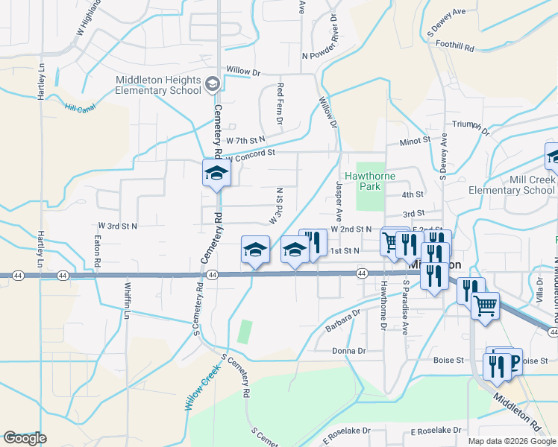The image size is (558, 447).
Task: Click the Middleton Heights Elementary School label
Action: click(158, 86)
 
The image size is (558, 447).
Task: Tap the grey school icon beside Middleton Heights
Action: click(213, 83)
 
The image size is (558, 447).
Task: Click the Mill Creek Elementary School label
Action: click(512, 185)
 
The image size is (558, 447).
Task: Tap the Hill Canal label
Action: click(80, 109)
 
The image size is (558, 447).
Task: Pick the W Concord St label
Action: click(251, 155)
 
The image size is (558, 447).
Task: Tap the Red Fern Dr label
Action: click(280, 99)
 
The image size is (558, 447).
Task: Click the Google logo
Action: click(25, 438)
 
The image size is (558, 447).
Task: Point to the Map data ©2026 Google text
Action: click(512, 440)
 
